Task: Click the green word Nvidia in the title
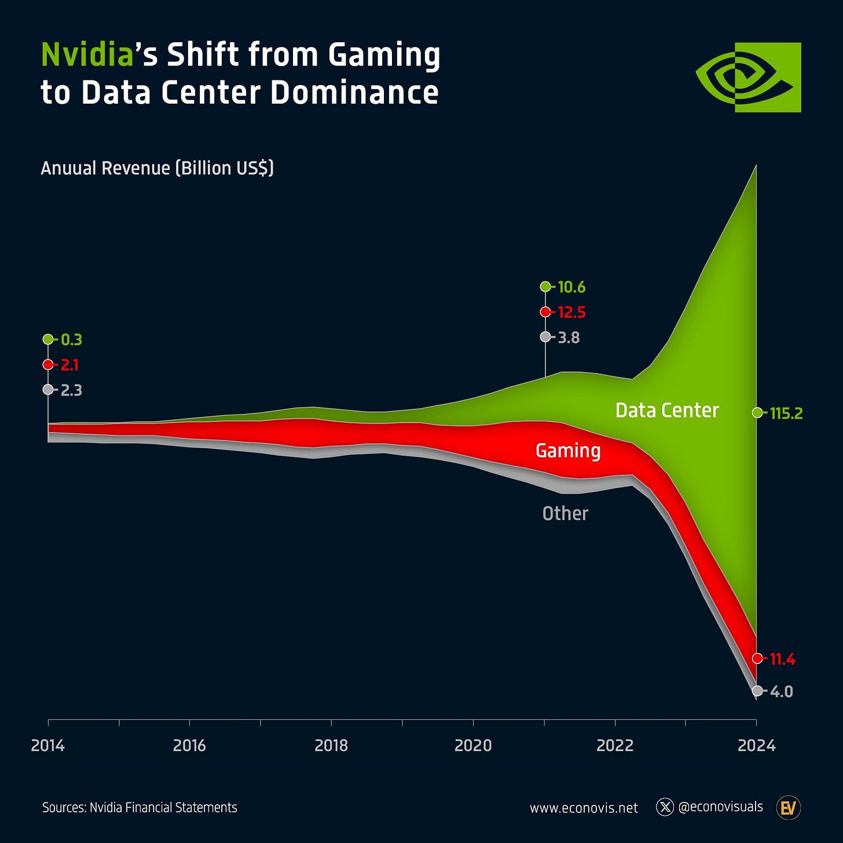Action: [87, 55]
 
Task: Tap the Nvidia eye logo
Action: [748, 77]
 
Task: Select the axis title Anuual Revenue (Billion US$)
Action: [157, 168]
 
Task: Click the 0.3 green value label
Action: [71, 340]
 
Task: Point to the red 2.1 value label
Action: [69, 365]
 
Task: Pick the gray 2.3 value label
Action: [71, 390]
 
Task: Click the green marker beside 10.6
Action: [545, 287]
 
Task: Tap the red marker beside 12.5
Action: [545, 312]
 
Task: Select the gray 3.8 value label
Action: [569, 338]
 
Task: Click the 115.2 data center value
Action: [786, 413]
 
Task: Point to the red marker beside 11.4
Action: [757, 658]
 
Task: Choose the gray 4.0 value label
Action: [781, 691]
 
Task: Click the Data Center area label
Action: [667, 410]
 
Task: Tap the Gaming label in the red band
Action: [568, 450]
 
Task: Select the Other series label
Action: [565, 514]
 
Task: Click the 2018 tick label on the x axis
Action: [331, 745]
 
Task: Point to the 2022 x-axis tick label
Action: [615, 745]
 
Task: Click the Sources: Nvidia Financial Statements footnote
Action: [140, 808]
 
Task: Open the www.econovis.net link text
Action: [584, 808]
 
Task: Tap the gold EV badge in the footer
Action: [788, 808]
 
